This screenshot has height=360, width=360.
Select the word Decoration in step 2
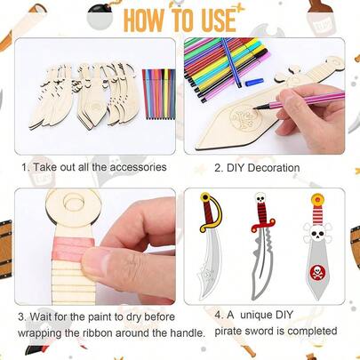[269, 167]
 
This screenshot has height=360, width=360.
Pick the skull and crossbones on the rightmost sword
[316, 233]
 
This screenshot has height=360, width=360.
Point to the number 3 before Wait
[22, 316]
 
